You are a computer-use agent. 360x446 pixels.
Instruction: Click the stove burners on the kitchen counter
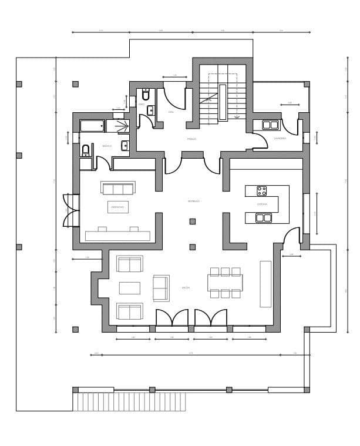pos(261,191)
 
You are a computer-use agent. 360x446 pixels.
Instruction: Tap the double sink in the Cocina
pos(264,218)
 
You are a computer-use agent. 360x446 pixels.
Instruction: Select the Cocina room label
pos(262,204)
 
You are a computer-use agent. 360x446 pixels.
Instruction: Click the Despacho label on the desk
pos(117,207)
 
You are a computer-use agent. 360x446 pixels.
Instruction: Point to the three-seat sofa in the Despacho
pos(117,188)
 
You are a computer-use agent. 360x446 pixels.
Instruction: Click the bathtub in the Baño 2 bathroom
pos(92,125)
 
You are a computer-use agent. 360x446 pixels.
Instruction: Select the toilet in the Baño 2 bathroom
pos(86,150)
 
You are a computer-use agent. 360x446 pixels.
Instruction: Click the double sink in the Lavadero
pos(270,125)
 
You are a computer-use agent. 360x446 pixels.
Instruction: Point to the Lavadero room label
pos(280,139)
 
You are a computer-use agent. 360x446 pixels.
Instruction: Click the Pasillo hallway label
pos(191,139)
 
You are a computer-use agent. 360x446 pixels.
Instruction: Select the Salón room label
pos(186,287)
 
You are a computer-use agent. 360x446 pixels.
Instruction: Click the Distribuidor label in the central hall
pos(194,202)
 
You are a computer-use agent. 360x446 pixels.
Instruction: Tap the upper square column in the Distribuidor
pos(193,222)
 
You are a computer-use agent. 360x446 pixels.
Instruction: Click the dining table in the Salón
pos(226,283)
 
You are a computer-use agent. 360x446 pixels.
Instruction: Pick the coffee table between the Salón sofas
pos(130,288)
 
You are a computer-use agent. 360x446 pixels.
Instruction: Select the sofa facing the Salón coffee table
pos(160,287)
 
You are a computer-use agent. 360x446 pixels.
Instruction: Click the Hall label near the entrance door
pos(171,112)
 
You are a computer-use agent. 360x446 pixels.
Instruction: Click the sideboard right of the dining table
pos(266,284)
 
